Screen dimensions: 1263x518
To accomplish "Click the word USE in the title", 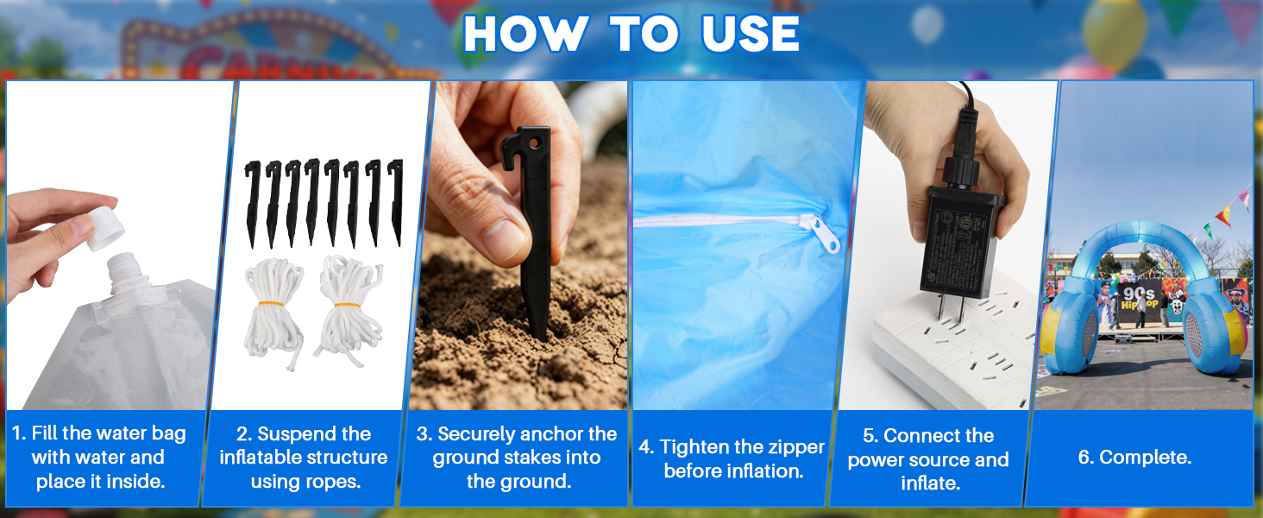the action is pyautogui.click(x=751, y=34).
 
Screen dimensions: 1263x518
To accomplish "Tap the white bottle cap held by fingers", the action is pyautogui.click(x=105, y=228).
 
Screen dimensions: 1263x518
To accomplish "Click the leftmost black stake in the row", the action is pyautogui.click(x=252, y=203).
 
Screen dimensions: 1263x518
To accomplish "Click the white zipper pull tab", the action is pyautogui.click(x=823, y=234).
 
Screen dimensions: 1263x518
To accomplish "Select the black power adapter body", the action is pyautogui.click(x=961, y=243).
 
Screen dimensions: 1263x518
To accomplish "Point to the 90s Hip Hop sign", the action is pyautogui.click(x=1139, y=298).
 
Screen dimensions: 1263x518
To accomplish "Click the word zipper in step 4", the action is pyautogui.click(x=794, y=447).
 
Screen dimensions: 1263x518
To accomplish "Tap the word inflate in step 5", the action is pyautogui.click(x=930, y=483).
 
